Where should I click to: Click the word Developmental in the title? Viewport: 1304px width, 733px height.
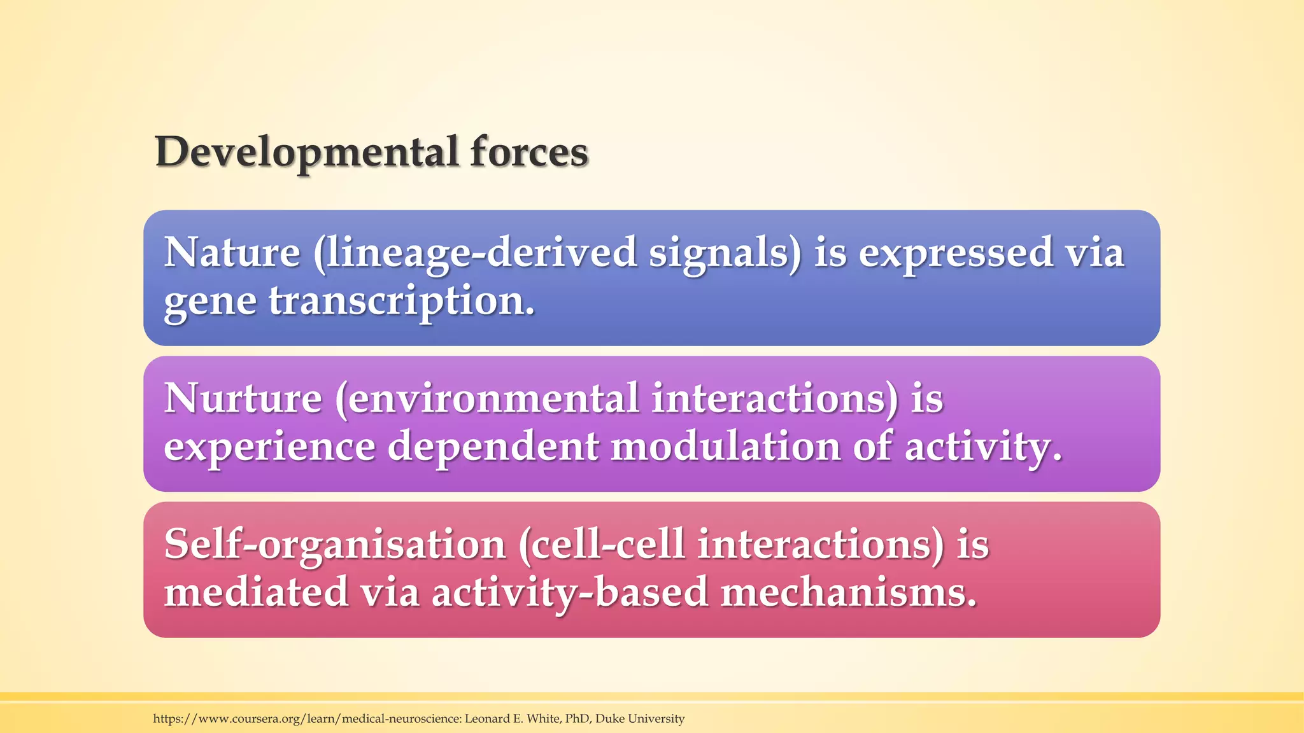coord(306,153)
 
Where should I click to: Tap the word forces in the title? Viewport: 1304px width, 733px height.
coord(528,153)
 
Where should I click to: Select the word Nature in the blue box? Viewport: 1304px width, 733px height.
coord(232,253)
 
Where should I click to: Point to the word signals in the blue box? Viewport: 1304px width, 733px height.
coord(725,253)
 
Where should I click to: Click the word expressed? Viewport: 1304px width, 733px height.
coord(956,253)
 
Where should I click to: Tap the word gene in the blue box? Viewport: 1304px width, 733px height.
coord(210,301)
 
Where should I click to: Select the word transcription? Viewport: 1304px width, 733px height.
coord(401,301)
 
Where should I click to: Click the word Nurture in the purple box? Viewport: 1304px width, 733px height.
coord(243,399)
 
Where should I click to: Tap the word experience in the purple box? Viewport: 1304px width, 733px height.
coord(269,447)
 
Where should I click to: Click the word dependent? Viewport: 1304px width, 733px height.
coord(493,447)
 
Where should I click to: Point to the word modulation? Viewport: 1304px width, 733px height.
coord(725,447)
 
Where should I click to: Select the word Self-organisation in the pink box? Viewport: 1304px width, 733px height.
coord(334,545)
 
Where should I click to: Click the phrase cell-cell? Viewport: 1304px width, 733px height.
coord(602,545)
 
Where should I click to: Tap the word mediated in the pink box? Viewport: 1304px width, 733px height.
coord(256,592)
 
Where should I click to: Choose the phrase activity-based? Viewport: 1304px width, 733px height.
coord(570,592)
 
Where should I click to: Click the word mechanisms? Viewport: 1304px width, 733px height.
coord(848,592)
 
